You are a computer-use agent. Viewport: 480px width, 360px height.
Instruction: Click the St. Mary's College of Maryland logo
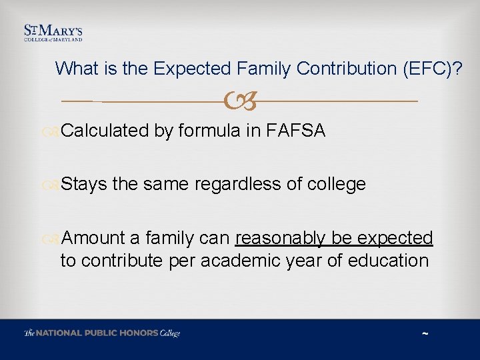[53, 33]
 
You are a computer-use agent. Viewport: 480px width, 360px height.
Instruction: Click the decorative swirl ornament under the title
[240, 102]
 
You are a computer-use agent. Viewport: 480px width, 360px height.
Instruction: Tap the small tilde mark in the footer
[425, 333]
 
